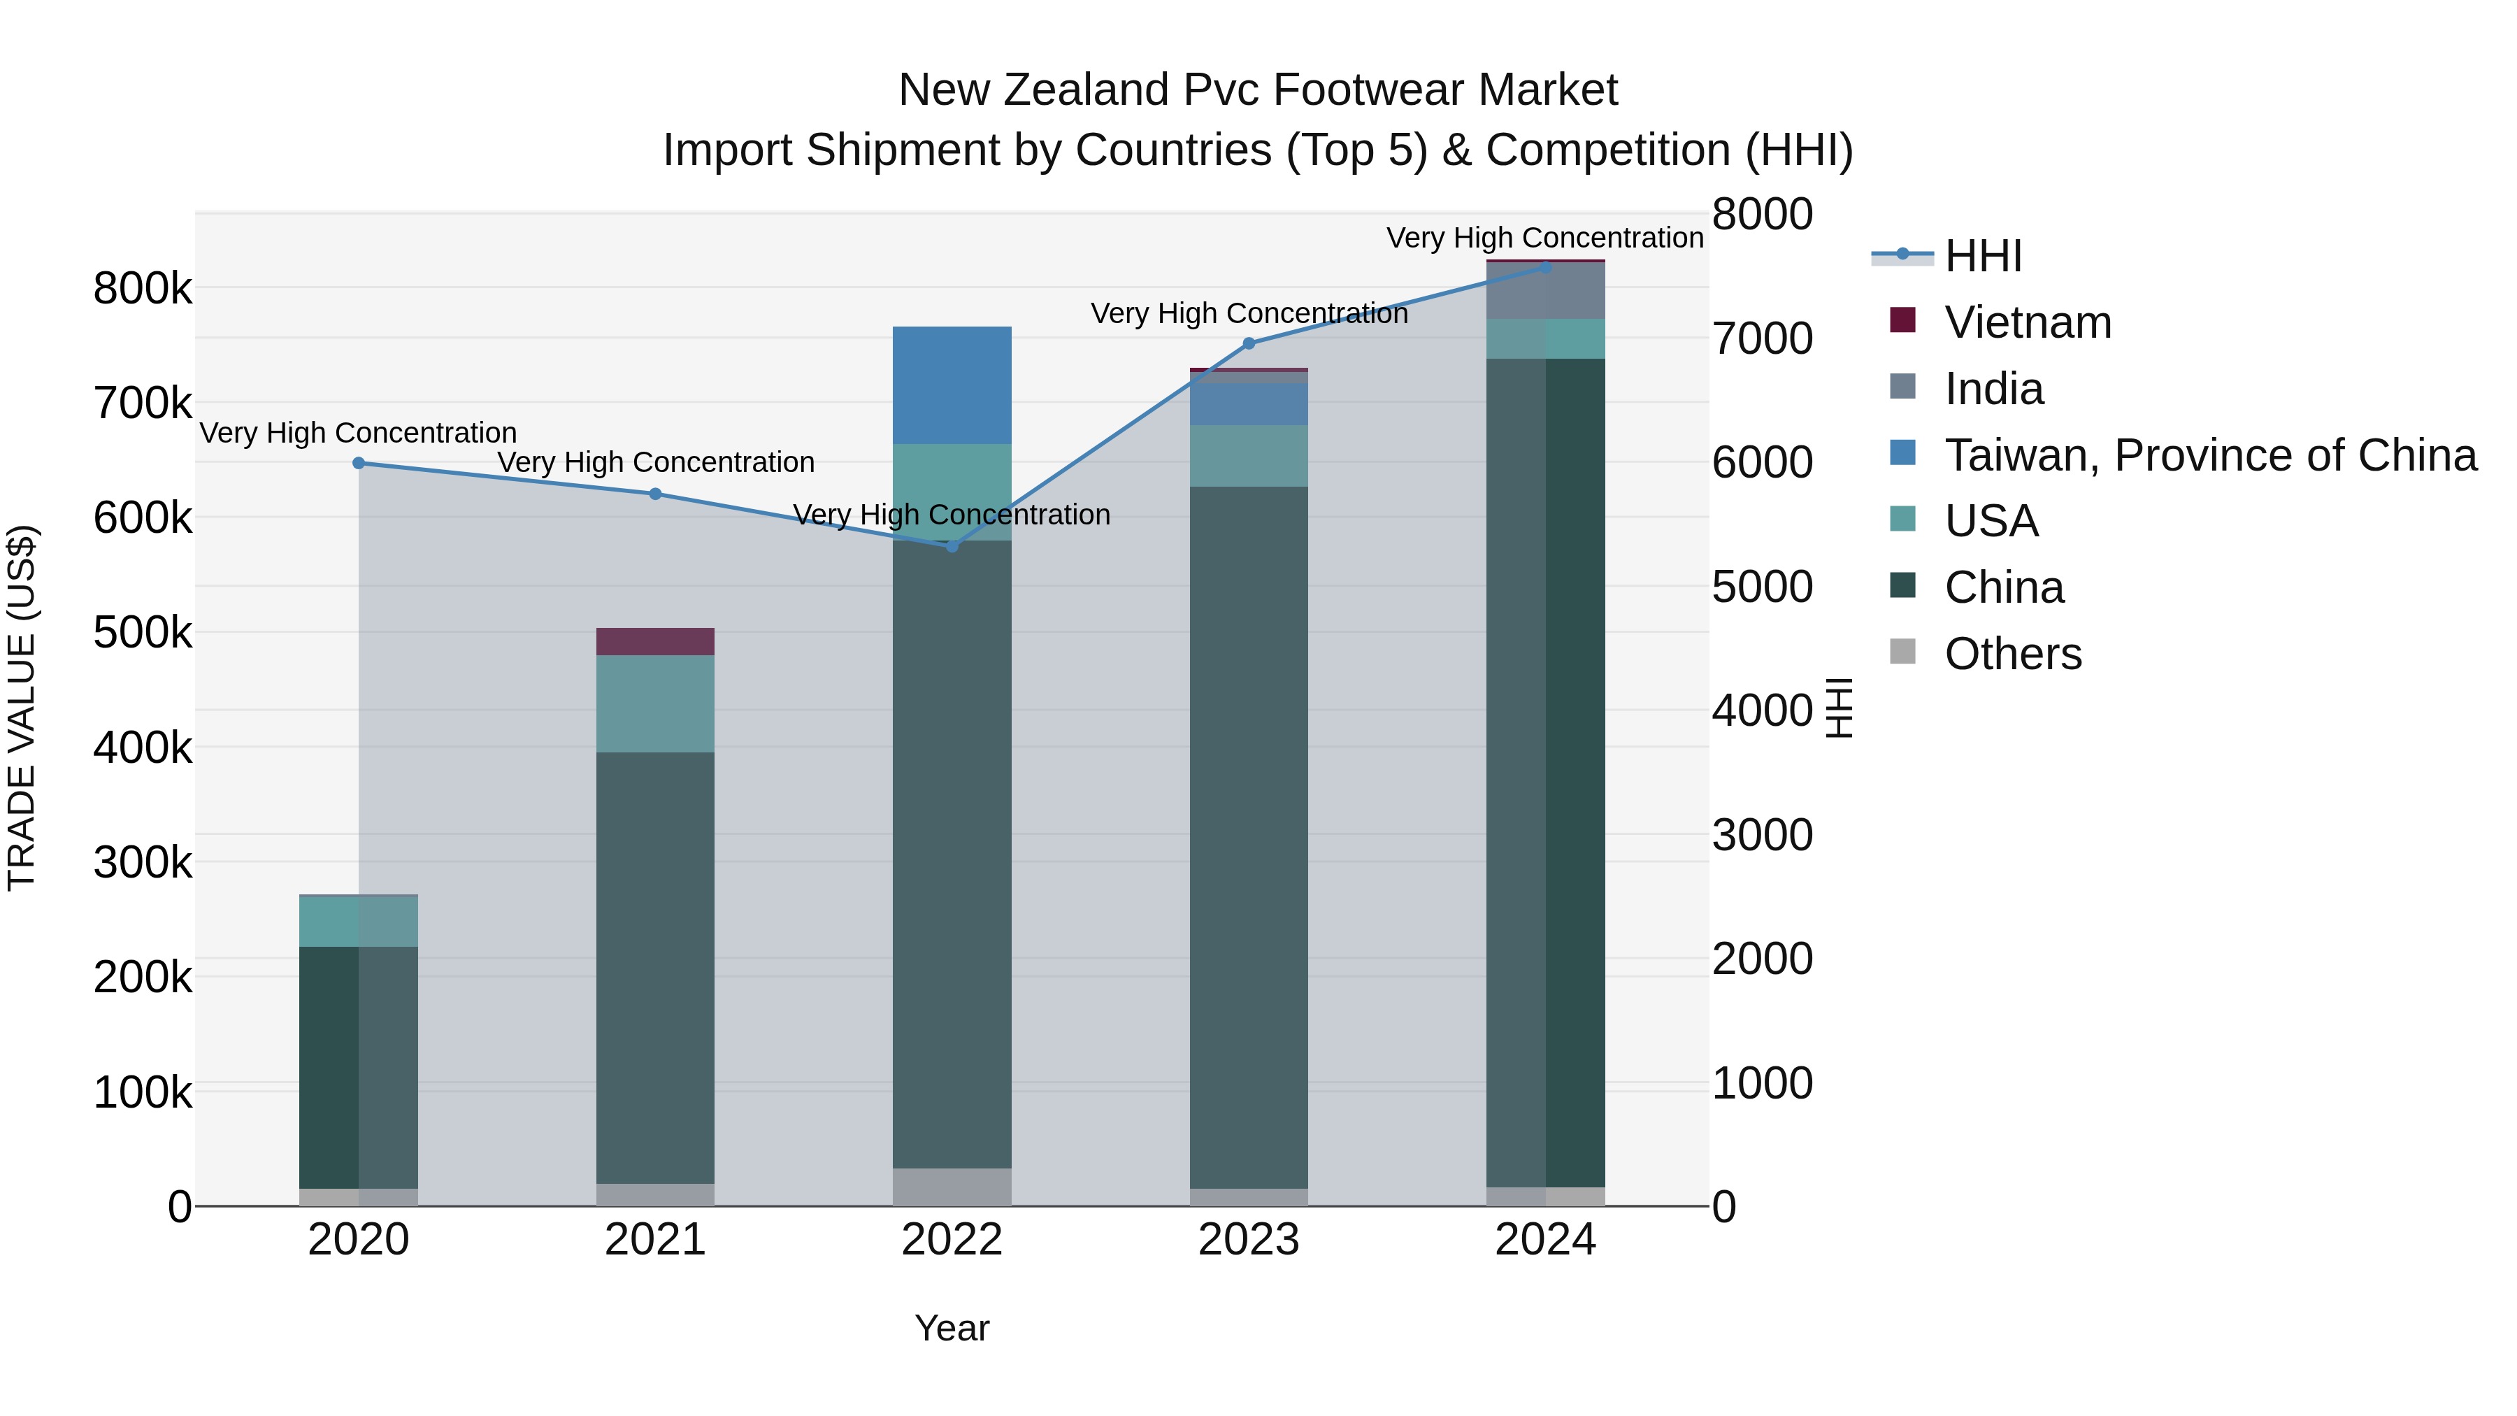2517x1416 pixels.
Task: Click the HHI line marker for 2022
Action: pyautogui.click(x=953, y=545)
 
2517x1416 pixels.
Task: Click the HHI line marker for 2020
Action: pyautogui.click(x=359, y=463)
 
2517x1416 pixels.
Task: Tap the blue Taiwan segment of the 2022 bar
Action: pyautogui.click(x=953, y=385)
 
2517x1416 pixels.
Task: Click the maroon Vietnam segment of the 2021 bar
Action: pyautogui.click(x=656, y=641)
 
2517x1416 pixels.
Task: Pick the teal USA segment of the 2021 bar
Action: pyautogui.click(x=656, y=703)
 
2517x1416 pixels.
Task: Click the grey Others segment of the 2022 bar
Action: pyautogui.click(x=953, y=1187)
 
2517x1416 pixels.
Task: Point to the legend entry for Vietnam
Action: pyautogui.click(x=2028, y=322)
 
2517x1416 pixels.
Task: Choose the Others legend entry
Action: pyautogui.click(x=2013, y=654)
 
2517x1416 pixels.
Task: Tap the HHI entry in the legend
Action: pyautogui.click(x=1983, y=256)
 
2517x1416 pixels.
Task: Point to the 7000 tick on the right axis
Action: pyautogui.click(x=1762, y=339)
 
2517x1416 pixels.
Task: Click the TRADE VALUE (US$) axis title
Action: pyautogui.click(x=22, y=708)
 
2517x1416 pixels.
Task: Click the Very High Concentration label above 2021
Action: pyautogui.click(x=656, y=462)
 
